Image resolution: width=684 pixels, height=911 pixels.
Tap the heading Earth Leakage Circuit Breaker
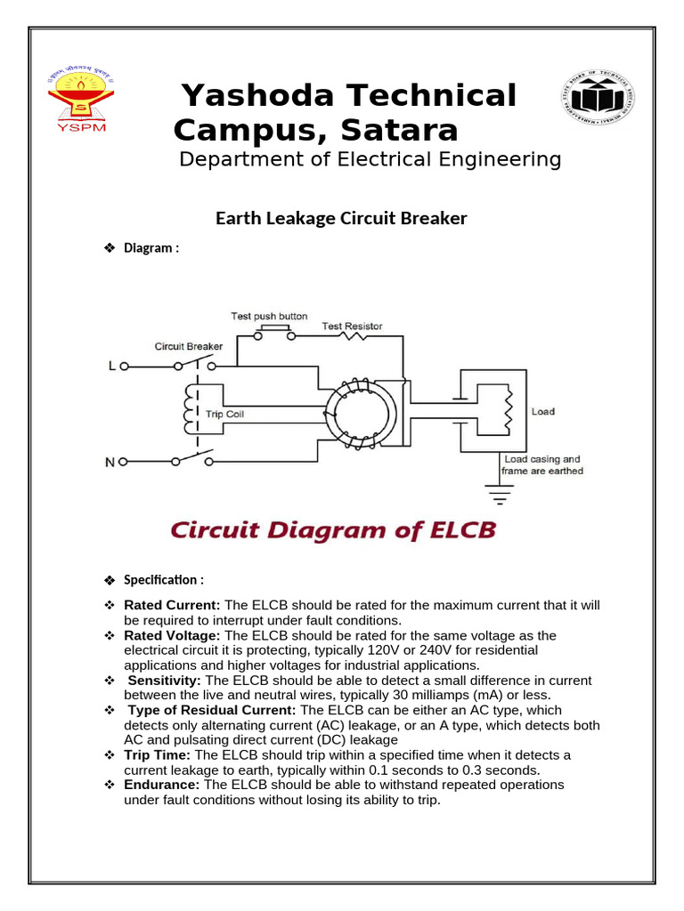point(341,218)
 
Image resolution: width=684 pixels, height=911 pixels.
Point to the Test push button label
point(269,316)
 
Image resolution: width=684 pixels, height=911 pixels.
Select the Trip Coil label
point(224,414)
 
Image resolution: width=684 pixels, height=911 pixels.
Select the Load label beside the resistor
point(542,412)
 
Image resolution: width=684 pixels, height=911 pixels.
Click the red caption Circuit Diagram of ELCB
point(332,531)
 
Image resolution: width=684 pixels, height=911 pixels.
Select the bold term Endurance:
point(162,785)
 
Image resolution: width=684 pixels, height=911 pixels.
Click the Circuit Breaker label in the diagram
point(189,345)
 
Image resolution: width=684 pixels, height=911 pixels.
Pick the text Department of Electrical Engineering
point(370,159)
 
